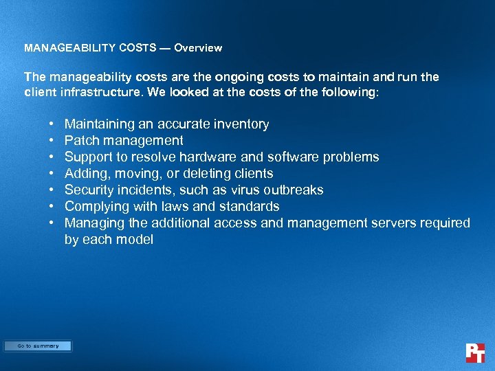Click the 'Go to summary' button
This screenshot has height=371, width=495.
point(38,346)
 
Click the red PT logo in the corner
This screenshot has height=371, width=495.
point(475,352)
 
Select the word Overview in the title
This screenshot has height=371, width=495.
point(198,48)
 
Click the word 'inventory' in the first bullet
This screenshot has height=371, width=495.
point(241,124)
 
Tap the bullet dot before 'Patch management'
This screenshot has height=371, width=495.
point(52,141)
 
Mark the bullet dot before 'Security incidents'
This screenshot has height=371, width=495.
point(52,190)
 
